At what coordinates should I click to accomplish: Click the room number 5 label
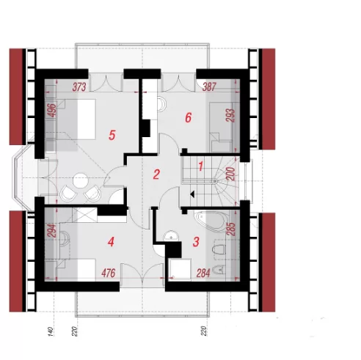[112, 135]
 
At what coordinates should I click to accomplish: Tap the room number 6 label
[188, 118]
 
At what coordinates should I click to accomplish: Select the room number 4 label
[111, 242]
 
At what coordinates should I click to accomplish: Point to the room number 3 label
[196, 242]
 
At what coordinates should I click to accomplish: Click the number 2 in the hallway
[156, 175]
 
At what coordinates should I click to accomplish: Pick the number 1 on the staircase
[200, 166]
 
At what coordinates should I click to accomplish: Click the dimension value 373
[79, 87]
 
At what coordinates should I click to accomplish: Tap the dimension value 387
[209, 87]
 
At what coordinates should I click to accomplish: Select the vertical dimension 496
[52, 110]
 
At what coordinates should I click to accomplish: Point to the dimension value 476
[108, 273]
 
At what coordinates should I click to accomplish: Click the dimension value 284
[203, 273]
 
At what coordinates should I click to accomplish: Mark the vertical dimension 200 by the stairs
[231, 174]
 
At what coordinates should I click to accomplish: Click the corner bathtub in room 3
[212, 221]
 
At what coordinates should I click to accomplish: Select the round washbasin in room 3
[171, 236]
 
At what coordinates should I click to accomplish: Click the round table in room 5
[81, 180]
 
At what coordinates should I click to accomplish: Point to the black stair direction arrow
[192, 194]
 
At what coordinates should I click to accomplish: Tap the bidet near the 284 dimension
[219, 270]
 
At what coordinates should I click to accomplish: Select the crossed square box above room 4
[84, 215]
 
